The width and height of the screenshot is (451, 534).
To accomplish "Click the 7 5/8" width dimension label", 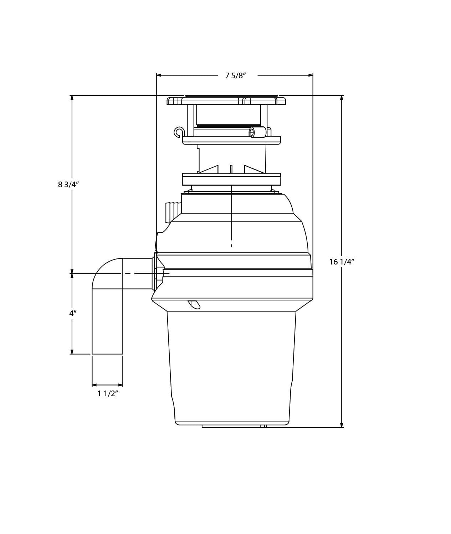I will coord(235,75).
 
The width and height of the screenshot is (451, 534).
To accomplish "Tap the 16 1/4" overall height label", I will coord(341,262).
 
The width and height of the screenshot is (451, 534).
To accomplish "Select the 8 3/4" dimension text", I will coord(68,184).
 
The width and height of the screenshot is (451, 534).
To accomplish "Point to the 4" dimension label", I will coord(73,313).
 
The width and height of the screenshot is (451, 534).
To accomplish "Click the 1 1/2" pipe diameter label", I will coord(108,393).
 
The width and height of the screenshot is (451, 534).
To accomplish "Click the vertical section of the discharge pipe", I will coord(107,320).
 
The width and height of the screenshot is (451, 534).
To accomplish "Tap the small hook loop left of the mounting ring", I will coord(179,132).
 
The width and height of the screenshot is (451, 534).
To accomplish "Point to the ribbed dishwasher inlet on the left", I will coord(173,212).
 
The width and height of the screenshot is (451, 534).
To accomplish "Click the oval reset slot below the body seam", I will coord(194,304).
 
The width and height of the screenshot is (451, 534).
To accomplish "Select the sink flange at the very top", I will coord(226,100).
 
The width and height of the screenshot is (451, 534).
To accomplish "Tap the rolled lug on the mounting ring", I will coord(257,132).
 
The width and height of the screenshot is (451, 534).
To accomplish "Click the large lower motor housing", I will coord(232,367).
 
